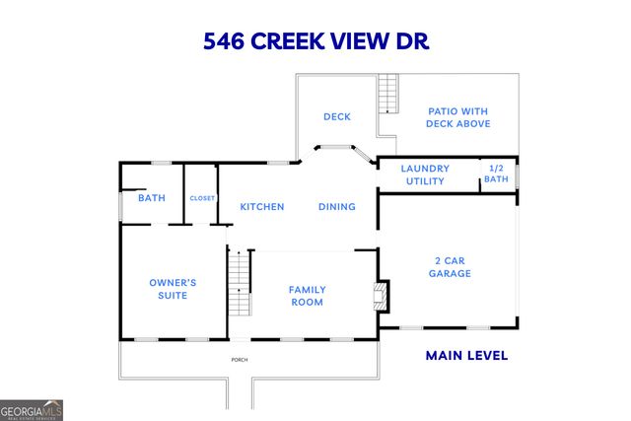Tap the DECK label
coord(337,116)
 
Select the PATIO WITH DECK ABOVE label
coord(456,117)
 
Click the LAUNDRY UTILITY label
coord(425,175)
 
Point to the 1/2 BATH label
coord(496,174)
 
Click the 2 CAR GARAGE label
coord(449,266)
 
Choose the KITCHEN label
coord(262,207)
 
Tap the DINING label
coord(336,207)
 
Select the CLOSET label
coord(202,198)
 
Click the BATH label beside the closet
coord(152,198)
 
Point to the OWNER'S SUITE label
coord(173,288)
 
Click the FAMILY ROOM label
coord(307,296)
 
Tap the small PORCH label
coord(239,360)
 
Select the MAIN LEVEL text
coord(466,355)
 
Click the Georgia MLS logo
coord(32,408)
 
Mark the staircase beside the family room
coord(240,282)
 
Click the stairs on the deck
coord(386,95)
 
